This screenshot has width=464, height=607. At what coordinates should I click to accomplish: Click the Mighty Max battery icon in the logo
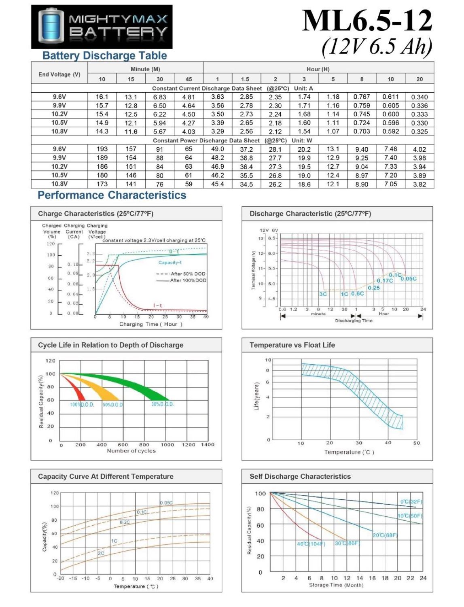(51, 26)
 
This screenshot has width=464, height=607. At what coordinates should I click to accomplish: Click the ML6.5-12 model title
(367, 21)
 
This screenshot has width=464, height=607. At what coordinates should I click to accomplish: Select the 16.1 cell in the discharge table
(102, 97)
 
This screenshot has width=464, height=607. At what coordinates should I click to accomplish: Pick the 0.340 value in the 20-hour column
(419, 97)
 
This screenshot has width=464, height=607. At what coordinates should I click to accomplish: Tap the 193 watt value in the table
(102, 149)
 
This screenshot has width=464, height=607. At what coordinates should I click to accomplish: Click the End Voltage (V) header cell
(59, 74)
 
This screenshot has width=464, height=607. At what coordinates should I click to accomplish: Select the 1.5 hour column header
(245, 79)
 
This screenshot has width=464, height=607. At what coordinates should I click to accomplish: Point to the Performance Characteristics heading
(112, 195)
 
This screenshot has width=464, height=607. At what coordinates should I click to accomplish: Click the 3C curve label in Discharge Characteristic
(323, 294)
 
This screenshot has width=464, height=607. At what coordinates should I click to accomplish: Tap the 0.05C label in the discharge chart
(409, 279)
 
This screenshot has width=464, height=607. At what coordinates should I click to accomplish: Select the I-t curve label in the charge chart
(158, 306)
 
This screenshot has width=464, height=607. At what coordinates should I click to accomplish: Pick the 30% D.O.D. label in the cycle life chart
(163, 404)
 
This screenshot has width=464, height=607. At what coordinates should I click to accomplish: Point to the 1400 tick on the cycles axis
(208, 445)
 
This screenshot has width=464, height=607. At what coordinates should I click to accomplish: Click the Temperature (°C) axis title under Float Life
(349, 452)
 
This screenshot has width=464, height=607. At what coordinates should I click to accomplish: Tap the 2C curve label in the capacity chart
(101, 553)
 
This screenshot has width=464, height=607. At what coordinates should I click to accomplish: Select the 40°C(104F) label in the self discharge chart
(311, 544)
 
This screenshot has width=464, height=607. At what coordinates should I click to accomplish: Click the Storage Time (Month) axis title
(336, 585)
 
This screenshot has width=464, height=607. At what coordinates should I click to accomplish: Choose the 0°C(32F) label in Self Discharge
(411, 502)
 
